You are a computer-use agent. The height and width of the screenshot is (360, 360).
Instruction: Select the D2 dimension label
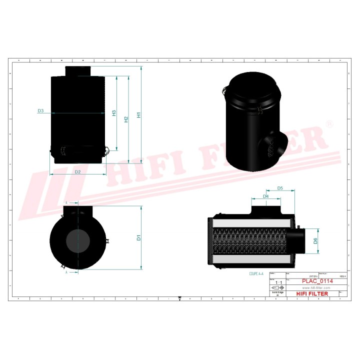click(x=78, y=171)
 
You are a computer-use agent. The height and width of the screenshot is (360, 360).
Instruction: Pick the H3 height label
click(x=114, y=113)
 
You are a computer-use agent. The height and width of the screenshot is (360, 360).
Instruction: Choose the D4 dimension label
click(x=266, y=196)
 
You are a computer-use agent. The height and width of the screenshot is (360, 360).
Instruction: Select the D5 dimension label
click(x=280, y=188)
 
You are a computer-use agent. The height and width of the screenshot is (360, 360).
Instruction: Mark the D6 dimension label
click(x=315, y=240)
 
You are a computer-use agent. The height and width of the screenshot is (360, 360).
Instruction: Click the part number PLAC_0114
click(x=318, y=281)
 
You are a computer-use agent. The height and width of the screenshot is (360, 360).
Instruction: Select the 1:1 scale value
click(x=278, y=283)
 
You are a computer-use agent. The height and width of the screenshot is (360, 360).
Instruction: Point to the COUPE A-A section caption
click(x=258, y=274)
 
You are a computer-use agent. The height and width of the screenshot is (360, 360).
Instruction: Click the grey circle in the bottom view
click(x=78, y=240)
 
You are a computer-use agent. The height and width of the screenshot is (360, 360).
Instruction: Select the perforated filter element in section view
click(x=252, y=240)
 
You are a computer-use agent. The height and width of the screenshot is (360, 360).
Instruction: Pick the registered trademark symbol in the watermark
click(x=328, y=124)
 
